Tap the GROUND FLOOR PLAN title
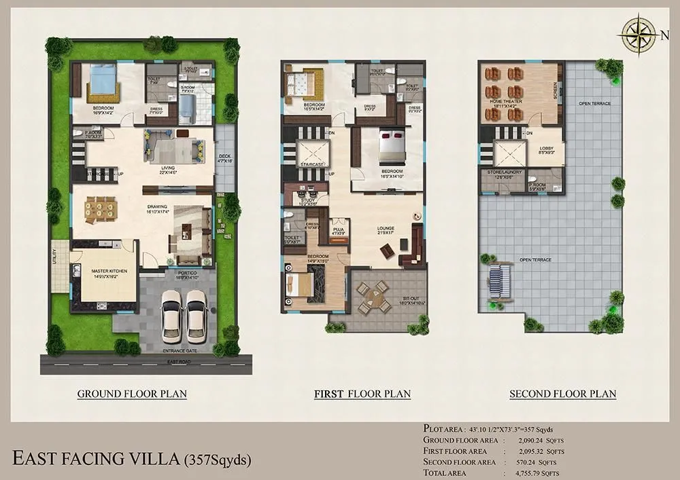132,393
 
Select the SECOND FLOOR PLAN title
562,393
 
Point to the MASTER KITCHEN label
97,273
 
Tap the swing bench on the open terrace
500,281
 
